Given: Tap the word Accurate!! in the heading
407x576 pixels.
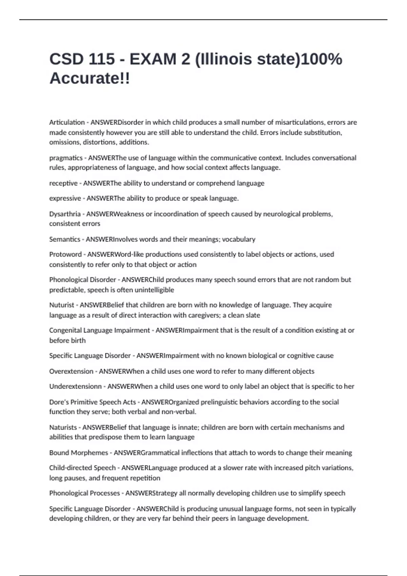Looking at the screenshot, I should (90, 79).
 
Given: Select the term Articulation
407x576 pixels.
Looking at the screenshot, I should (67, 122).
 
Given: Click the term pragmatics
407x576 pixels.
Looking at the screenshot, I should (66, 158).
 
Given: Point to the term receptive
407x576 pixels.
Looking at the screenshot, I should (63, 183).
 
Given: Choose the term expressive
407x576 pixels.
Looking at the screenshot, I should (65, 198).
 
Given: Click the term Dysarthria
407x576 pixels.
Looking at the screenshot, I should (65, 214).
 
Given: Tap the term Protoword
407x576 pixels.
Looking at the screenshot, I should (65, 254).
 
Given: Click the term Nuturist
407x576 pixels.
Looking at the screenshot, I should (61, 305).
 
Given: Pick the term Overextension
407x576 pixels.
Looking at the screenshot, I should (71, 371).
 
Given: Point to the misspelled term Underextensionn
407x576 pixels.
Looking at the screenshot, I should (75, 386).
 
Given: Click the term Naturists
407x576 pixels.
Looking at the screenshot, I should (63, 427).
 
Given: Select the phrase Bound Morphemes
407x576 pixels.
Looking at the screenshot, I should (79, 453).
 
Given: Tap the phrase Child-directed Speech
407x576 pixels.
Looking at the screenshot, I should (82, 468).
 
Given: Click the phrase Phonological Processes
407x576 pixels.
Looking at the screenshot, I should (84, 493).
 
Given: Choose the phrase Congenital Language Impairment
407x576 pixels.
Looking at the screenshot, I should (99, 330).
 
